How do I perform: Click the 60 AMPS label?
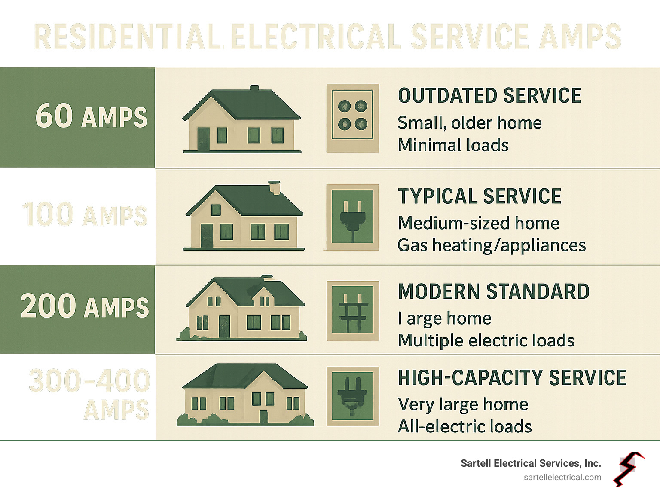click(91, 116)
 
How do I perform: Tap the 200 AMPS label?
click(85, 306)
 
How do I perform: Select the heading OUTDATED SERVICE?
click(489, 96)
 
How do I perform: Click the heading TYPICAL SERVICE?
click(480, 196)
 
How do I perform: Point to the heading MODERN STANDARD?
click(494, 292)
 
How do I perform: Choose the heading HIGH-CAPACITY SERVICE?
click(512, 378)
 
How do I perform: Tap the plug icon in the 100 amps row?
click(353, 217)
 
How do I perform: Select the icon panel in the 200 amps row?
click(353, 310)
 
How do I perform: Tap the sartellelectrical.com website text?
click(562, 478)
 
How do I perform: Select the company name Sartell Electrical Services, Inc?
click(531, 463)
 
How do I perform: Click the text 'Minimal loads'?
click(453, 145)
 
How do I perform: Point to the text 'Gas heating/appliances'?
click(492, 245)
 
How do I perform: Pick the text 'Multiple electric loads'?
click(486, 341)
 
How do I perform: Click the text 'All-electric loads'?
click(465, 427)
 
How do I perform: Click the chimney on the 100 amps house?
click(274, 187)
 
